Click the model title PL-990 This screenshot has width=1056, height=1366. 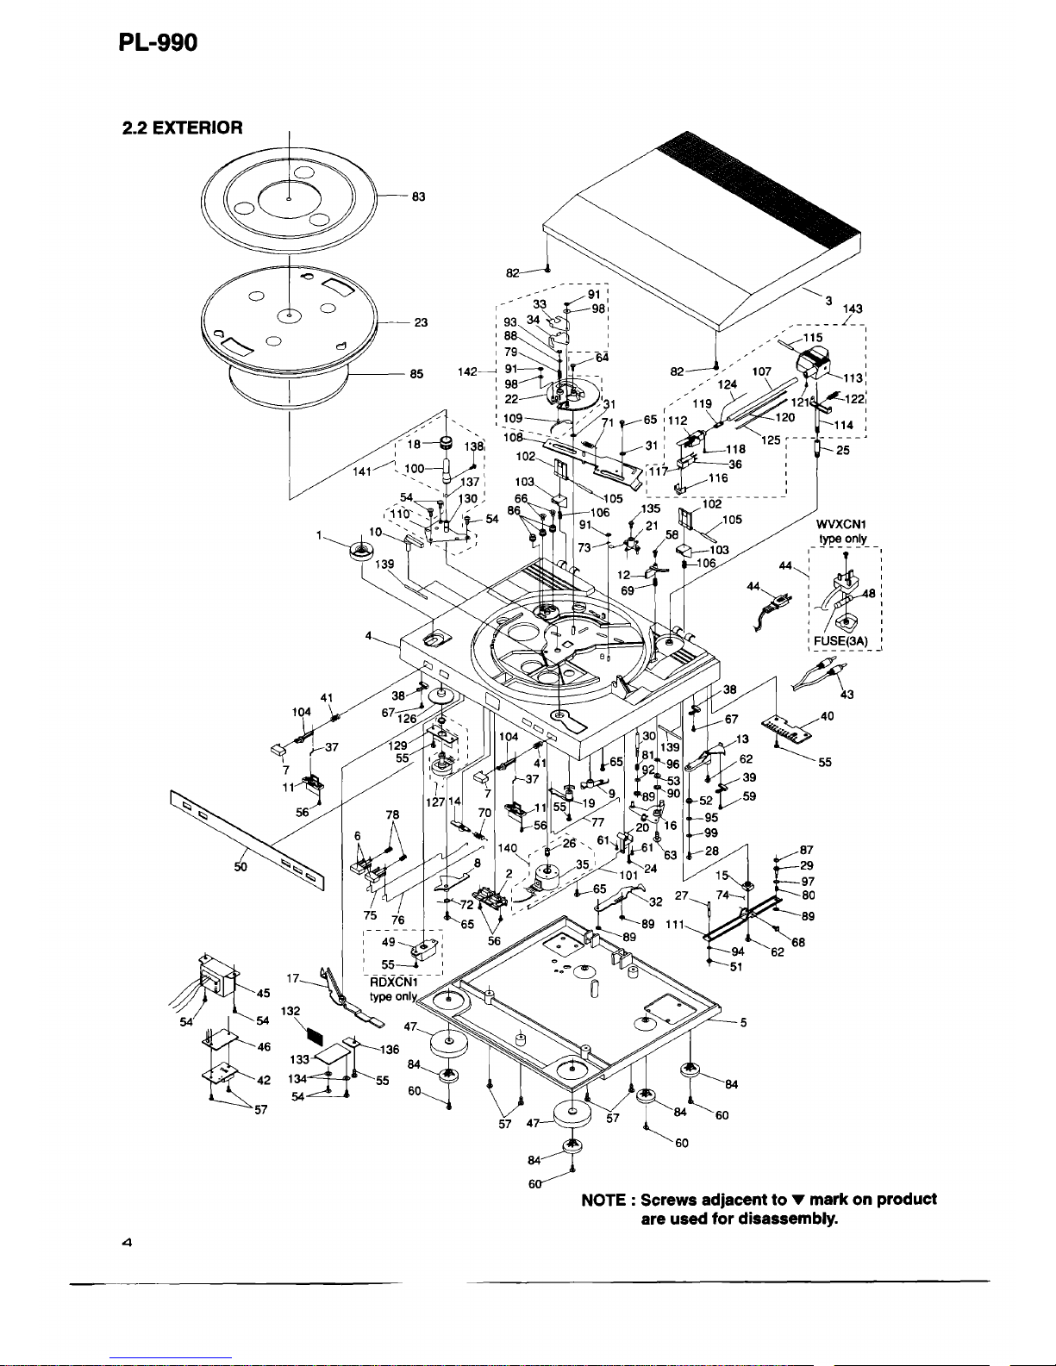pyautogui.click(x=158, y=41)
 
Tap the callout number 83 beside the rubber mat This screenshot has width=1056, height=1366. pyautogui.click(x=419, y=196)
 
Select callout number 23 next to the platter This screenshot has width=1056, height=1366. pyautogui.click(x=421, y=323)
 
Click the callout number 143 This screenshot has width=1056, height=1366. pyautogui.click(x=853, y=309)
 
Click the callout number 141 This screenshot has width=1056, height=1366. pyautogui.click(x=361, y=471)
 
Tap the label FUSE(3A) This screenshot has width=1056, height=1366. pyautogui.click(x=843, y=640)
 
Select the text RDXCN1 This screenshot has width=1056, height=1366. pyautogui.click(x=393, y=981)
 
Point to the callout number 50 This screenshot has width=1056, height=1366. pyautogui.click(x=241, y=867)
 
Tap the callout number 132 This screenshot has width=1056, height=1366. pyautogui.click(x=291, y=1011)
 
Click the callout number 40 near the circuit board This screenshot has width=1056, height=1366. pyautogui.click(x=827, y=716)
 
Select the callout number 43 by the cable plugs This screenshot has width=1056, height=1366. pyautogui.click(x=847, y=695)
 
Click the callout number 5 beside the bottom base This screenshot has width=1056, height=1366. pyautogui.click(x=743, y=1023)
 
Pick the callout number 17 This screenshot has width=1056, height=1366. pyautogui.click(x=293, y=978)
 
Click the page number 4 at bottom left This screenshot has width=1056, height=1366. pyautogui.click(x=126, y=1243)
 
